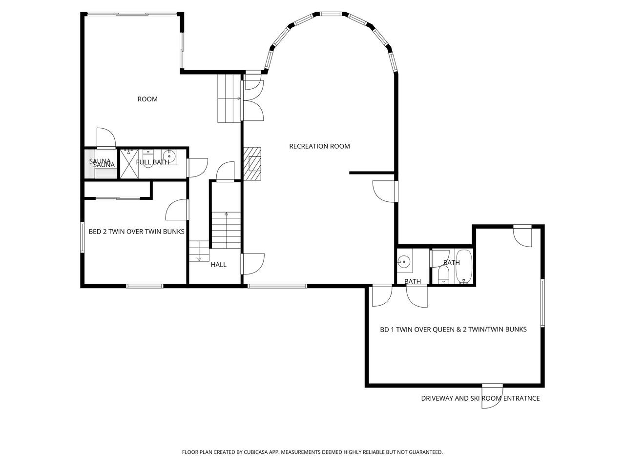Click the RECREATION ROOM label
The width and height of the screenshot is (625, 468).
click(319, 146)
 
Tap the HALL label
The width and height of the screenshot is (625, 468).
click(218, 265)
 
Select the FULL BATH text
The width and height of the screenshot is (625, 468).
click(153, 162)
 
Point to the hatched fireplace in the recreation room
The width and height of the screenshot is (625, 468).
click(252, 163)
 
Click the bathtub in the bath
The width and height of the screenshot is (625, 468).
click(464, 267)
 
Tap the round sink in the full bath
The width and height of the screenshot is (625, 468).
click(169, 156)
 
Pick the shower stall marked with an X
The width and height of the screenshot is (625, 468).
click(129, 164)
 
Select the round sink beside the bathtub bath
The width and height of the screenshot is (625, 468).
click(403, 260)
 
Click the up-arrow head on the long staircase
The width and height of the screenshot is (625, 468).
click(227, 214)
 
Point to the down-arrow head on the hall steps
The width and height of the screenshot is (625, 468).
click(199, 259)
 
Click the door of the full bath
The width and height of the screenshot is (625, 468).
click(197, 168)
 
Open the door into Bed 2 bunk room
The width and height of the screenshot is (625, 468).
click(177, 210)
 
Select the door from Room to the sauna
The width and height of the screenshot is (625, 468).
click(106, 138)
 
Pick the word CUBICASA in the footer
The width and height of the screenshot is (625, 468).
click(256, 452)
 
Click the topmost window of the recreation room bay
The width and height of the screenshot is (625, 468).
click(330, 14)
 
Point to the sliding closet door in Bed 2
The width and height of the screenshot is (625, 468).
click(118, 198)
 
